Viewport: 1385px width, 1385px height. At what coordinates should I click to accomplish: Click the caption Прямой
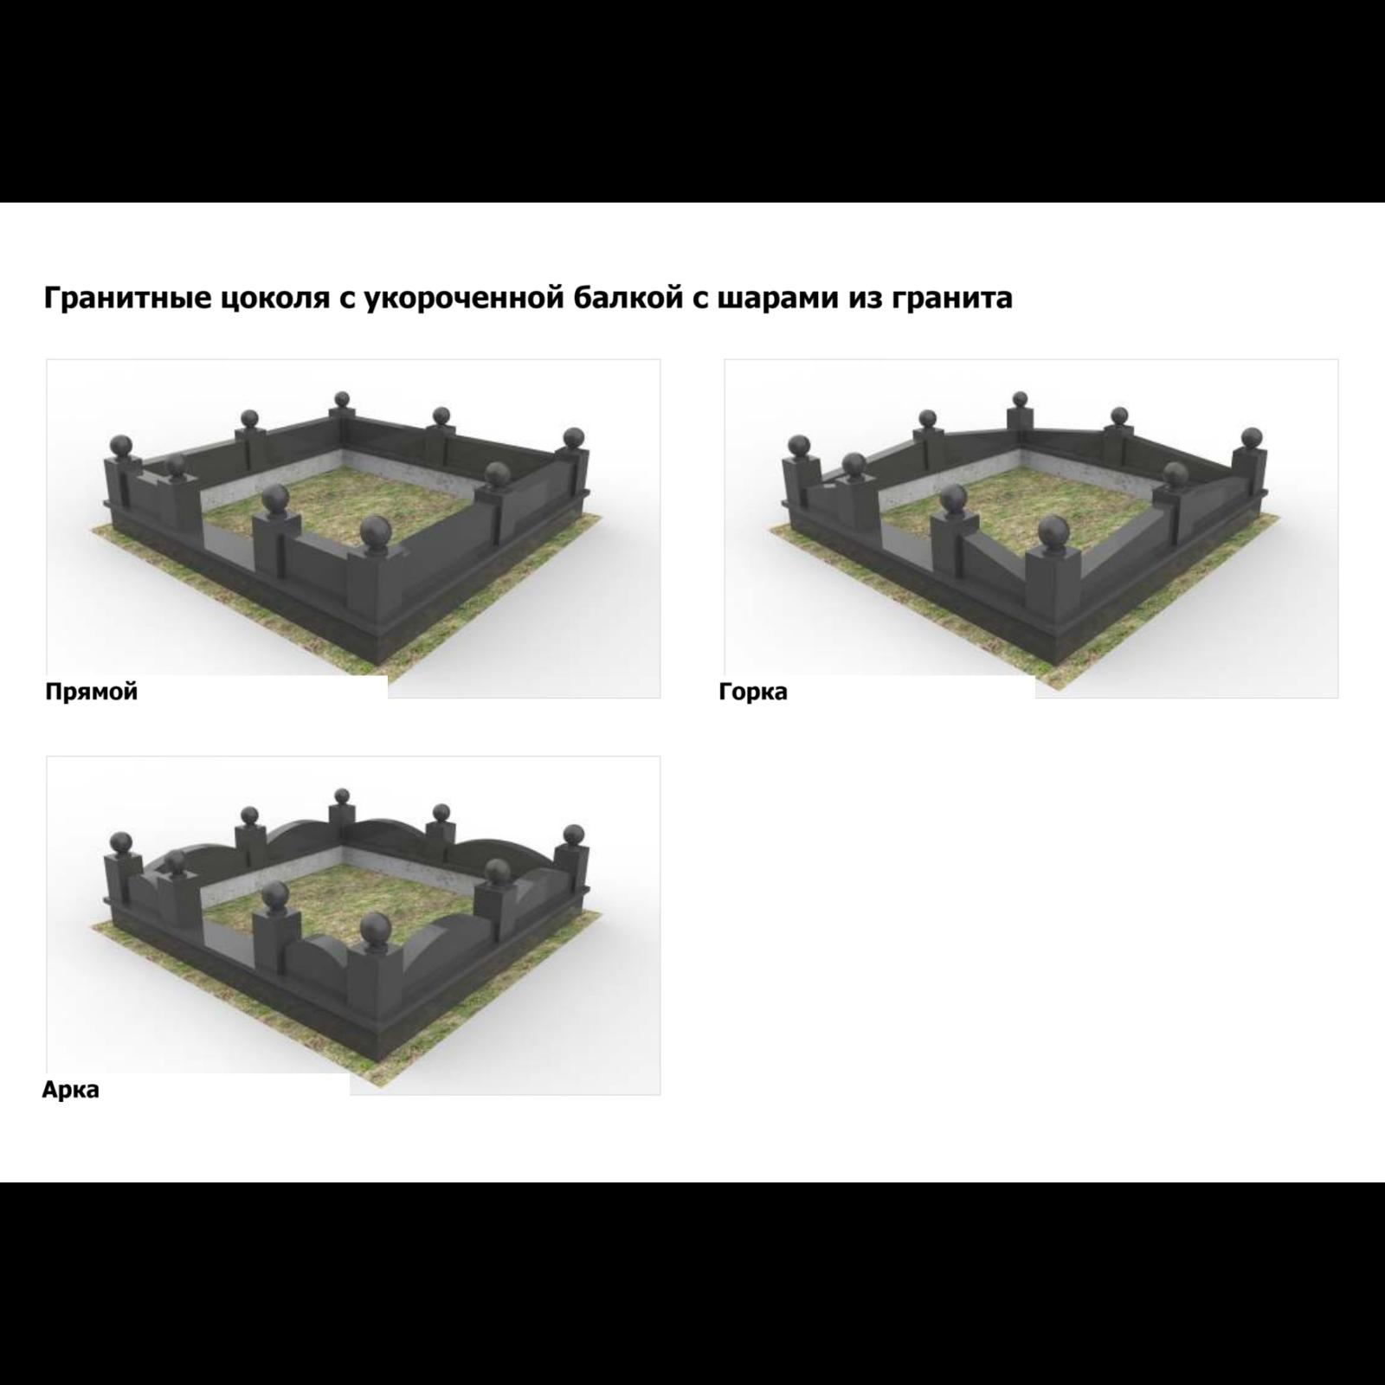pyautogui.click(x=92, y=692)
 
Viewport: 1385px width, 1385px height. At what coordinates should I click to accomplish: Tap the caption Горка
pyautogui.click(x=753, y=692)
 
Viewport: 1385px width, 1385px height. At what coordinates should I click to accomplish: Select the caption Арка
pyautogui.click(x=71, y=1090)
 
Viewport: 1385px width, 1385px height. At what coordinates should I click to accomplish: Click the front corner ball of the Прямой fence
pyautogui.click(x=375, y=535)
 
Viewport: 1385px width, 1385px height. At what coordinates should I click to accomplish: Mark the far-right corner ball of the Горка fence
pyautogui.click(x=1251, y=436)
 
